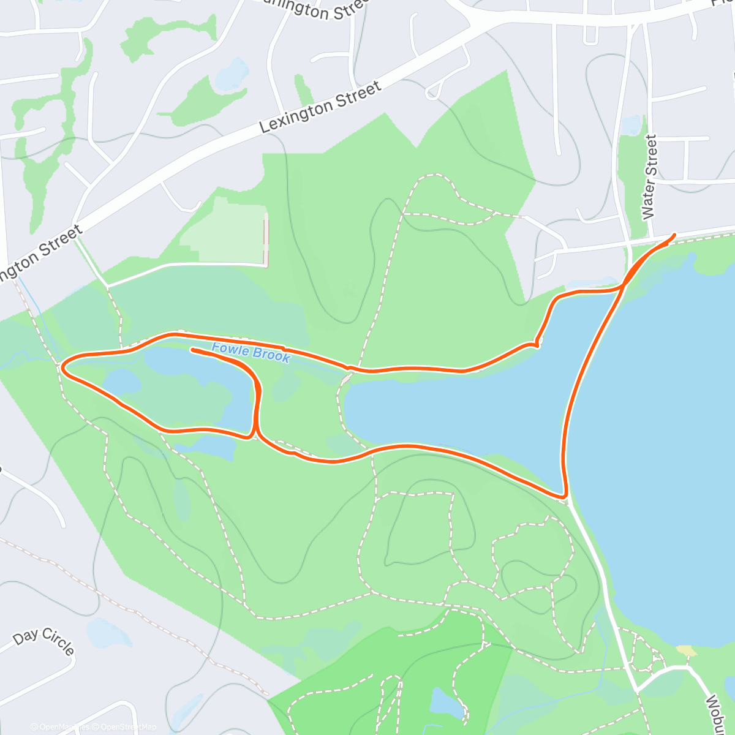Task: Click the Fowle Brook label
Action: click(251, 353)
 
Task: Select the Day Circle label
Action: click(43, 641)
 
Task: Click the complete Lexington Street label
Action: click(320, 107)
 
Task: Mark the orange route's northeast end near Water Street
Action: click(674, 235)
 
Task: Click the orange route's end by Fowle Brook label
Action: click(192, 350)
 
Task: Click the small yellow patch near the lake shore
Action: click(686, 650)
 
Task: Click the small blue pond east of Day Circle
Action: click(109, 633)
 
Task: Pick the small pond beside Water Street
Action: click(631, 125)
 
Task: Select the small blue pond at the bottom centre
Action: click(447, 703)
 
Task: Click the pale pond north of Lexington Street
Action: click(233, 73)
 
